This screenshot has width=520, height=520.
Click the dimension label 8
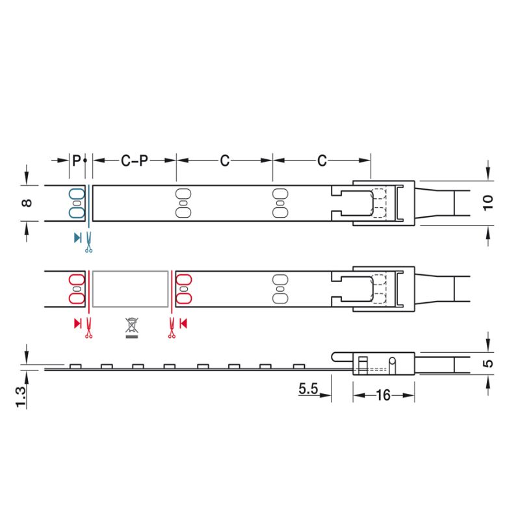pyautogui.click(x=27, y=203)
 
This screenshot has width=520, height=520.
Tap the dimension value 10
pyautogui.click(x=487, y=203)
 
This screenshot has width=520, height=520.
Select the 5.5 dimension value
pyautogui.click(x=308, y=388)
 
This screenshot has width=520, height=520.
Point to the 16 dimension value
pyautogui.click(x=383, y=395)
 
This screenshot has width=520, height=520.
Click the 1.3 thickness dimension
pyautogui.click(x=21, y=397)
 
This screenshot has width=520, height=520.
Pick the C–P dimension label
pyautogui.click(x=135, y=161)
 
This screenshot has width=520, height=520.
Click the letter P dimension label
pyautogui.click(x=76, y=161)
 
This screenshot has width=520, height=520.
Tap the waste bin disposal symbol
pyautogui.click(x=132, y=325)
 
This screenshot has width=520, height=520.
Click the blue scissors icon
pyautogui.click(x=88, y=242)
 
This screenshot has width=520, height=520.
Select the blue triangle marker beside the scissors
pyautogui.click(x=77, y=238)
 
